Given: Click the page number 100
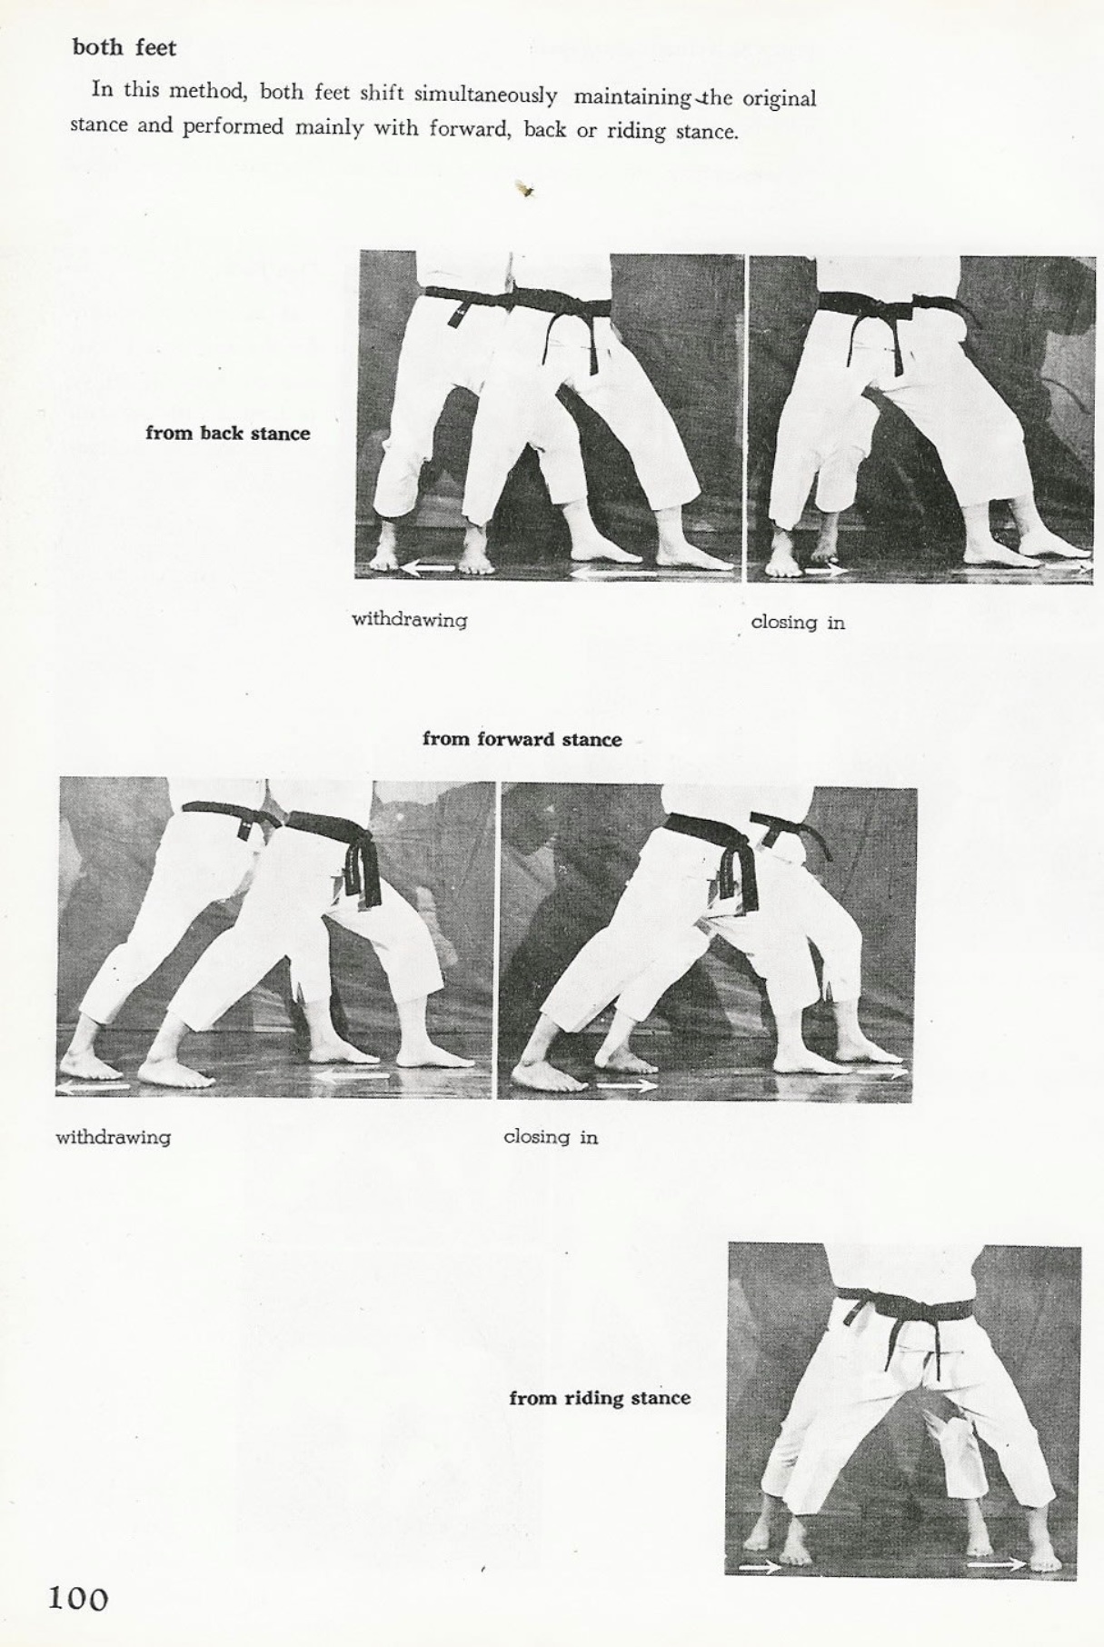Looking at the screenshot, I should [x=78, y=1598].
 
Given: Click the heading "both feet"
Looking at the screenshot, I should [x=124, y=48].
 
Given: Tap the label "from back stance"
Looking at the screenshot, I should [x=227, y=434].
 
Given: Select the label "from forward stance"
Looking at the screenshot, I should [x=522, y=739].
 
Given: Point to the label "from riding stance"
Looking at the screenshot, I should [x=600, y=1398].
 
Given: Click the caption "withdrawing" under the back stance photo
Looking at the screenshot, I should [x=410, y=621].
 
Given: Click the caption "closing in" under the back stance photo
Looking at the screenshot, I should [x=798, y=623].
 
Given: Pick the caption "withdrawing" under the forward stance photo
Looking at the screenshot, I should [x=114, y=1137].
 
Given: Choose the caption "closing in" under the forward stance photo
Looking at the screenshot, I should [x=551, y=1137].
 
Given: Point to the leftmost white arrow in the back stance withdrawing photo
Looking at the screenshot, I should [x=429, y=568].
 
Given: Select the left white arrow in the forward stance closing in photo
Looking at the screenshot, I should [x=627, y=1085].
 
